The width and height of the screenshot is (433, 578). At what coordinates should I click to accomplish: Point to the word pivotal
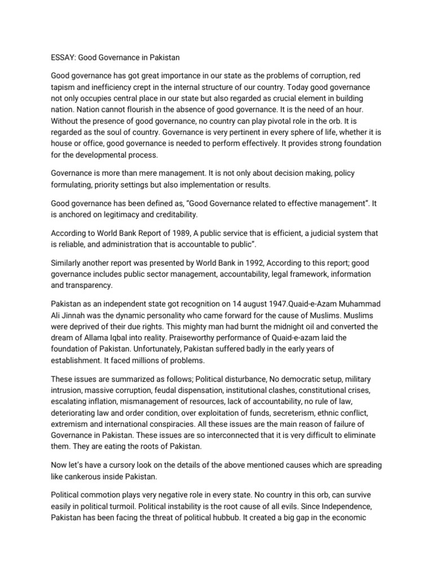coord(279,125)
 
